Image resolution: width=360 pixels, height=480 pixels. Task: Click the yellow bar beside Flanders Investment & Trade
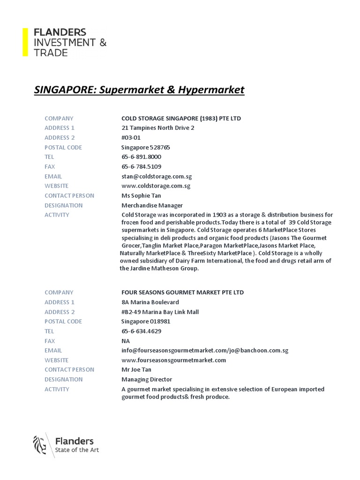(25, 42)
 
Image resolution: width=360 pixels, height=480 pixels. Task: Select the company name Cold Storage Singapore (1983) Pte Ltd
(181, 118)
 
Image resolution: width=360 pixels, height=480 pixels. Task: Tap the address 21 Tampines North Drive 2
(157, 128)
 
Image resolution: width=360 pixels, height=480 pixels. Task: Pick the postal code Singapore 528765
(146, 147)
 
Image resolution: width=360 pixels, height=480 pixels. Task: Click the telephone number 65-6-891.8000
(141, 157)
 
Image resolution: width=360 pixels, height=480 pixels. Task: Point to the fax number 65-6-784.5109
(141, 167)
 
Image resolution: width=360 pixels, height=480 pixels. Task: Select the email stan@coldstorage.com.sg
(157, 177)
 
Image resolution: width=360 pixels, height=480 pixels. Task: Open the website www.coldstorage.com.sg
(156, 186)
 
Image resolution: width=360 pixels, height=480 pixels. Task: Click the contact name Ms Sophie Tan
(141, 195)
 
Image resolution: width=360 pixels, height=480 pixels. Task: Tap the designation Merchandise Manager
(152, 205)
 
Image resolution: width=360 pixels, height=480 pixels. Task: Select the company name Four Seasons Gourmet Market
(182, 292)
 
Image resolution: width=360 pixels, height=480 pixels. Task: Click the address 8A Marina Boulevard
(150, 302)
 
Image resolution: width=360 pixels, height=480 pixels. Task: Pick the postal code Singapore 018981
(146, 322)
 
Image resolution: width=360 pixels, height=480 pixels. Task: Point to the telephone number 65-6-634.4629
(141, 331)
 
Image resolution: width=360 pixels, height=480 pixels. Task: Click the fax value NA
(125, 341)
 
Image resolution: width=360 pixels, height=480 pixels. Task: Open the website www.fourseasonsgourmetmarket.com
(173, 360)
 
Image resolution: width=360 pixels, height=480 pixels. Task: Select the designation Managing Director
(147, 380)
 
